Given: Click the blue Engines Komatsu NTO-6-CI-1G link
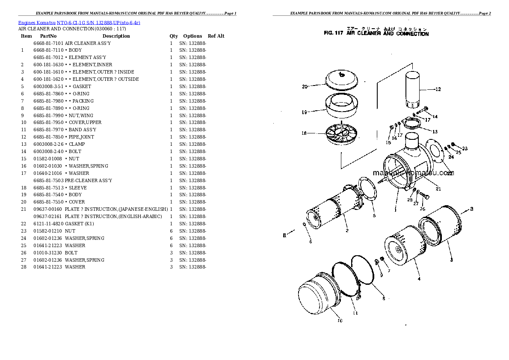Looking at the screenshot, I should [79, 22].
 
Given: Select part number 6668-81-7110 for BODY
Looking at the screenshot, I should [48, 50].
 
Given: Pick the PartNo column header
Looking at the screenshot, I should [48, 36].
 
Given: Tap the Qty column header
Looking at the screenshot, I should [173, 36].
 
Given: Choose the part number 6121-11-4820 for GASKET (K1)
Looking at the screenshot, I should [48, 224].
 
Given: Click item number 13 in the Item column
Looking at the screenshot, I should [23, 144].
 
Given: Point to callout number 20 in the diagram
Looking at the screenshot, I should [305, 87].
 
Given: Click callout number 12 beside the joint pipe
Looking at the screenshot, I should [438, 90].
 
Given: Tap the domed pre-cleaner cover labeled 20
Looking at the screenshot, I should [341, 80].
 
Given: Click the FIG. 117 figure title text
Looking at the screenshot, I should [376, 34].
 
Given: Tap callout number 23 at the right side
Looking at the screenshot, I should [465, 149].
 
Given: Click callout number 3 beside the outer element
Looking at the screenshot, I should [451, 260].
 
